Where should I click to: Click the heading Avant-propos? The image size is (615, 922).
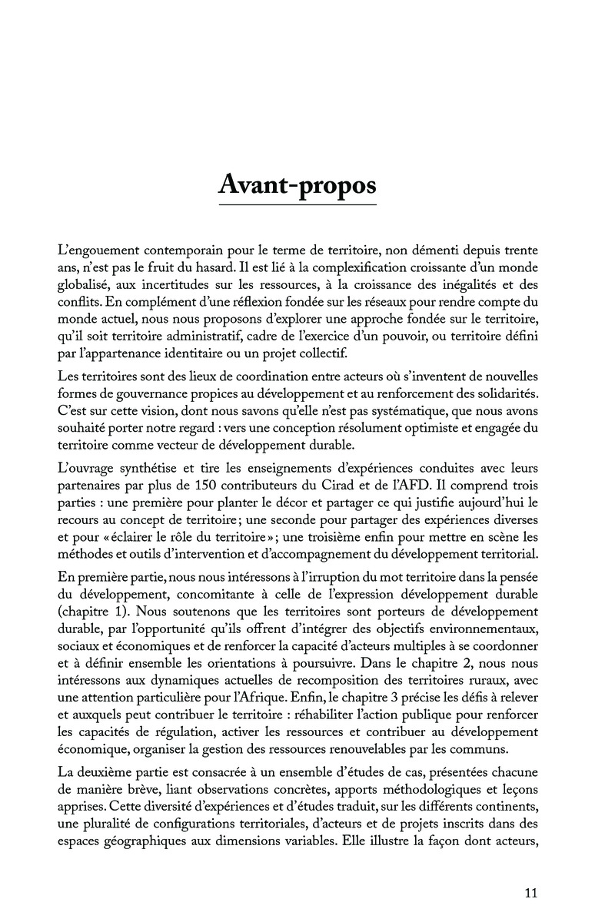[298, 185]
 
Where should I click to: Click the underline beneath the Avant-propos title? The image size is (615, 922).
[298, 206]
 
